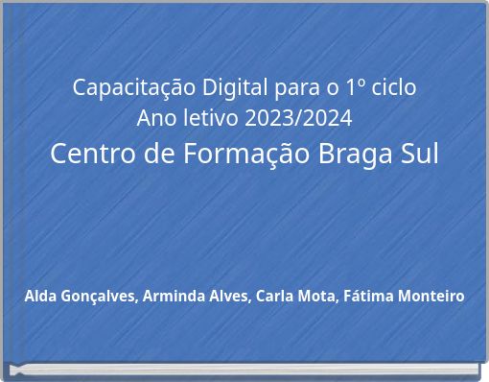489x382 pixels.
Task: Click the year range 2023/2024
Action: [x=297, y=119]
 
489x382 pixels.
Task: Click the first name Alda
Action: [x=41, y=296]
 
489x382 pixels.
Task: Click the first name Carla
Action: [x=276, y=296]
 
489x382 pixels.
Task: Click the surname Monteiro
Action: [x=433, y=296]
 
